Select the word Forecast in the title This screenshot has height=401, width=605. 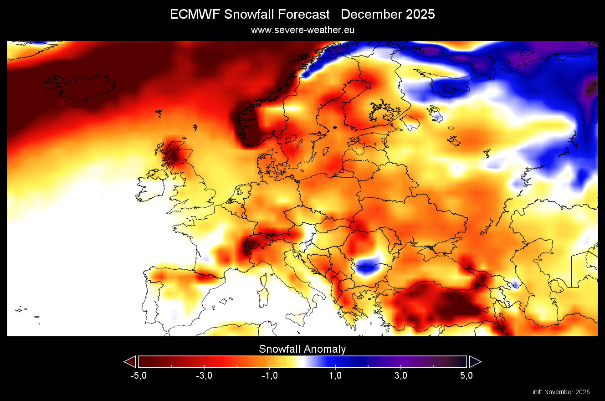[x=303, y=15]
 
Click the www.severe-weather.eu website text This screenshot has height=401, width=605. [x=302, y=30]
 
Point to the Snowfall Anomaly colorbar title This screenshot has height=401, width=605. [x=302, y=349]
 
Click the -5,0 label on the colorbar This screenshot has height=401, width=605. [x=138, y=375]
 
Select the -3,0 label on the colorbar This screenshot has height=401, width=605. [x=204, y=375]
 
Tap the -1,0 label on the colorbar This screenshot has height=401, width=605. [x=269, y=375]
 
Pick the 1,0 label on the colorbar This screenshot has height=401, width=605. [x=335, y=375]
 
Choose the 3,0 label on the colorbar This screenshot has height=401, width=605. [x=401, y=375]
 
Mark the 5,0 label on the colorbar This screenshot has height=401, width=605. [x=467, y=375]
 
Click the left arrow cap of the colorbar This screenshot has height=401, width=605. [x=130, y=362]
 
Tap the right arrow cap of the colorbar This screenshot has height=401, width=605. [x=475, y=362]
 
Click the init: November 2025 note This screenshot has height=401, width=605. [x=561, y=392]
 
